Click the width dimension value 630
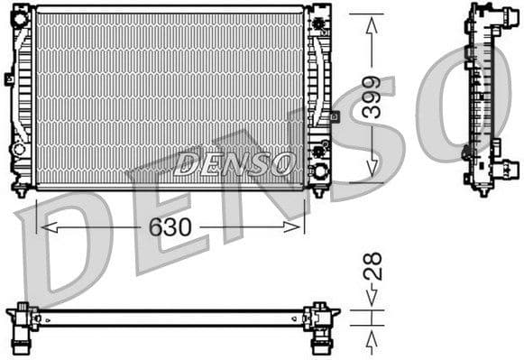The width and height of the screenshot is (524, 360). click(170, 227)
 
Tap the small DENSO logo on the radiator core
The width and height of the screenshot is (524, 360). click(234, 163)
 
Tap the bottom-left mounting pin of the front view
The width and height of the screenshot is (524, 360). click(22, 191)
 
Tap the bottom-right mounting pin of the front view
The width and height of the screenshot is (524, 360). click(317, 191)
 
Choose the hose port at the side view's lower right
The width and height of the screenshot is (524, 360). click(510, 168)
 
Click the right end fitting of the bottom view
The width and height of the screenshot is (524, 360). click(320, 319)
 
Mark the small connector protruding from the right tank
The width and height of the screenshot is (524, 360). click(335, 116)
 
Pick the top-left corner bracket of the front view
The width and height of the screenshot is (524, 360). click(22, 11)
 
